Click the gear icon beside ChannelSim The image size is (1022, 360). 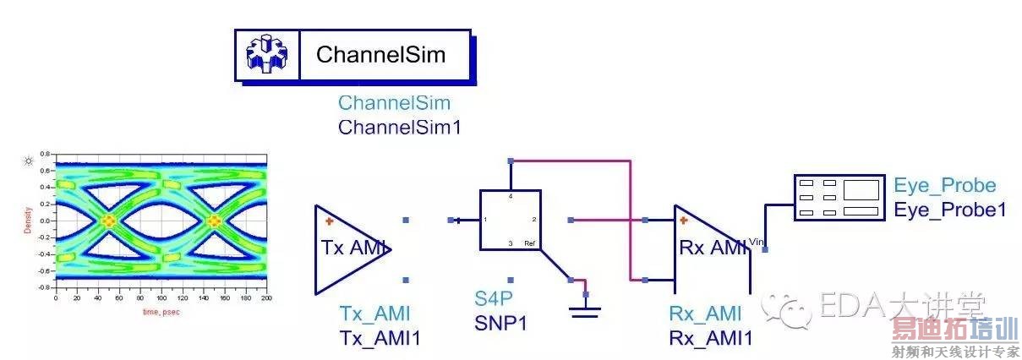tap(266, 56)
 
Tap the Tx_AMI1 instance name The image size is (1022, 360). tap(380, 338)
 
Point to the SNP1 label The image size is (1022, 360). tap(500, 322)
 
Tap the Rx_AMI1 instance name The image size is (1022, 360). tap(710, 338)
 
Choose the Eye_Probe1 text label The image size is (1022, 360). tap(950, 208)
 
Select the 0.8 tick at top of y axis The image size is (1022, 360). tap(46, 155)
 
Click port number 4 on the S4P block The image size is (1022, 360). tap(511, 195)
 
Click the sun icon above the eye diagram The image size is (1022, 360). tap(29, 160)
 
